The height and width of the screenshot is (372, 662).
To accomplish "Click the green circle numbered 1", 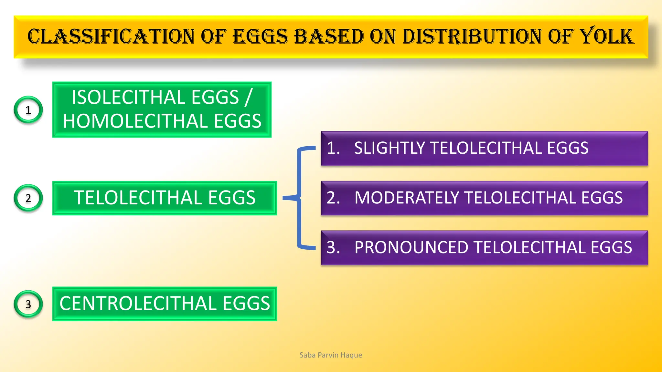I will [x=28, y=110].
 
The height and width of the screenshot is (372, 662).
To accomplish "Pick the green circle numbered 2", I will [x=28, y=198].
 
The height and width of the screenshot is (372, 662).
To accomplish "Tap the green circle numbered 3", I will [x=28, y=304].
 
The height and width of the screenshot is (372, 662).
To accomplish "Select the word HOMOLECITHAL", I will [x=135, y=121].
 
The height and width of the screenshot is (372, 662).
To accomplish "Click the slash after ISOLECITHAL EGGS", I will [x=248, y=97].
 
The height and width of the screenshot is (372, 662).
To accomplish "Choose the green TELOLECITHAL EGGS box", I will [x=165, y=198].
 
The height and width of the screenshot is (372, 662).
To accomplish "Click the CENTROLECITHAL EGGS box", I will [x=165, y=304].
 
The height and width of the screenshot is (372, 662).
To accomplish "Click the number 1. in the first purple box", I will [x=333, y=148].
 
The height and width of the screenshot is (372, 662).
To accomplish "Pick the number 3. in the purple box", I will [x=333, y=248].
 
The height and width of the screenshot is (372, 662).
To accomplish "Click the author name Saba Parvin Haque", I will [x=331, y=355].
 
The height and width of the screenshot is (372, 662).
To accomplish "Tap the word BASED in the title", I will [x=329, y=36].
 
